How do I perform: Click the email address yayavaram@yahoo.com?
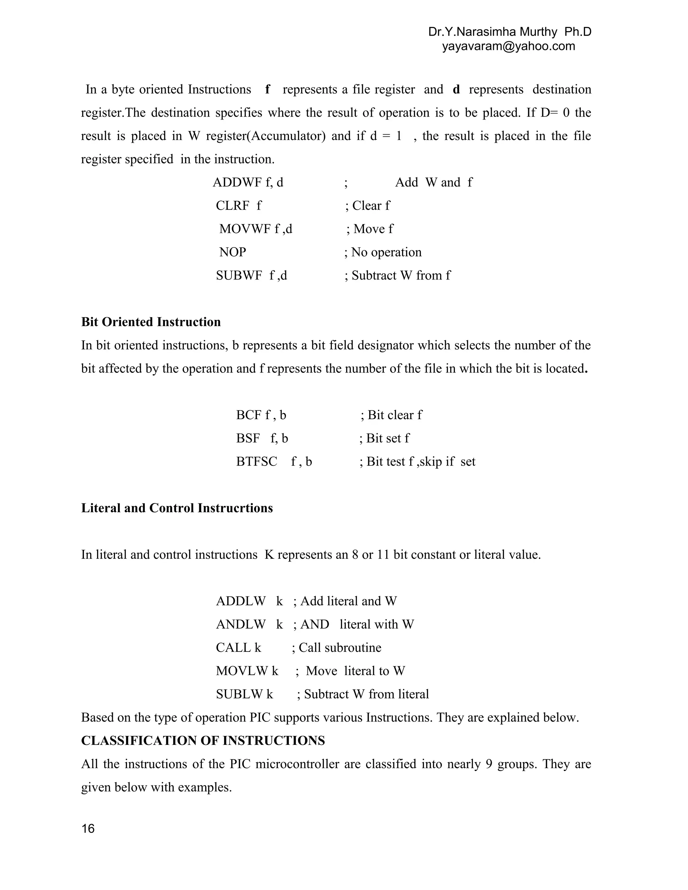[x=509, y=46]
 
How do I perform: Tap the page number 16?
[x=88, y=829]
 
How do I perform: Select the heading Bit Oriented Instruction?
[x=151, y=322]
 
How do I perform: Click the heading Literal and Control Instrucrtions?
[x=177, y=508]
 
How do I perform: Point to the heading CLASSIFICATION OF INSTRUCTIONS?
[x=203, y=741]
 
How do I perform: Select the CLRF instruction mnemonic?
[x=232, y=206]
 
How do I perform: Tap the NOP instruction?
[x=233, y=252]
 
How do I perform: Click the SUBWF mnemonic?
[x=239, y=275]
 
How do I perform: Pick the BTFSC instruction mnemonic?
[x=257, y=462]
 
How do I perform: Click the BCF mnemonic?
[x=249, y=415]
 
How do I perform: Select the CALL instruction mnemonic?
[x=233, y=648]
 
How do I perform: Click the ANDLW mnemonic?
[x=241, y=624]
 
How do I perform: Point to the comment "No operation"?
[x=386, y=252]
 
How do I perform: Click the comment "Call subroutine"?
[x=340, y=648]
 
